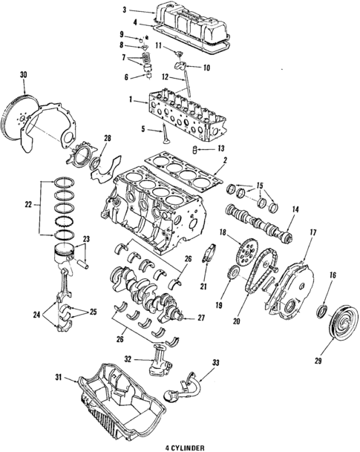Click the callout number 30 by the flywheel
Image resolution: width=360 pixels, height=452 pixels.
[23, 73]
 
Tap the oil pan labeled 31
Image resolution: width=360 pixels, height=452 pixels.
[122, 404]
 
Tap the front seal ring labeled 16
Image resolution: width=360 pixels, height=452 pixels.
[324, 307]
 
